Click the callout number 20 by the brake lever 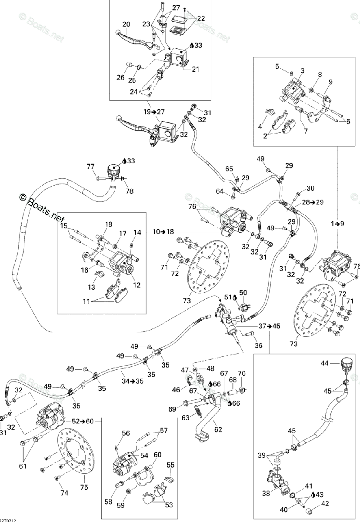tap(126, 24)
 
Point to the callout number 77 tap(90, 166)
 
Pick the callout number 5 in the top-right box tap(277, 66)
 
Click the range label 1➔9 tap(338, 224)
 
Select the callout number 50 tap(243, 292)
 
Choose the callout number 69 tap(172, 409)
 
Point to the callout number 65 tap(229, 168)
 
